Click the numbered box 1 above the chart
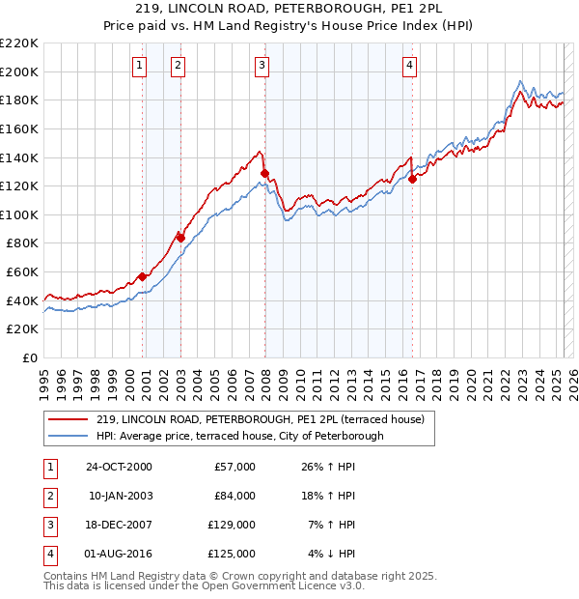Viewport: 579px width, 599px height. [140, 66]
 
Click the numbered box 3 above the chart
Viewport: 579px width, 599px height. [262, 66]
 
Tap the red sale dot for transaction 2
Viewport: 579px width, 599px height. [180, 237]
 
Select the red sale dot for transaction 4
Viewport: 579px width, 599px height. [412, 178]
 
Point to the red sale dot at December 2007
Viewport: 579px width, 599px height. [264, 173]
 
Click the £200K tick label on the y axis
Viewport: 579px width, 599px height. [19, 71]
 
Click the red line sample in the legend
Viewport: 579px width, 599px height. [67, 419]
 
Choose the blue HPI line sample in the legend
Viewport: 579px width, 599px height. [67, 436]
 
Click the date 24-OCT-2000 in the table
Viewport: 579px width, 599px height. [119, 467]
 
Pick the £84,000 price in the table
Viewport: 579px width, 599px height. [234, 496]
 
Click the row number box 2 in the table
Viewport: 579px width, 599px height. [49, 496]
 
